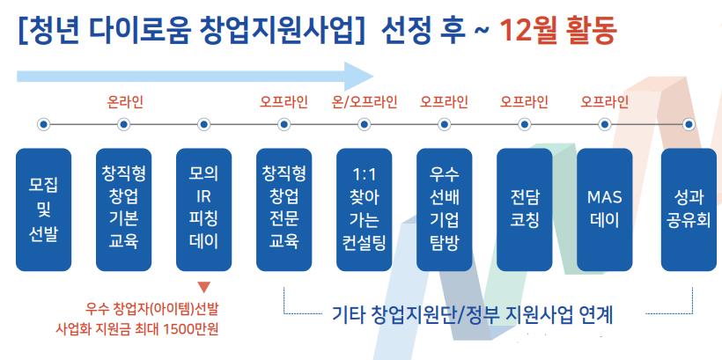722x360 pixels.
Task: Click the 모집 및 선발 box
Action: pos(44,209)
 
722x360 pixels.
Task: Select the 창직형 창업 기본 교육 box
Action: pos(123,209)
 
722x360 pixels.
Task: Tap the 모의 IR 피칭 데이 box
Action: pos(203,209)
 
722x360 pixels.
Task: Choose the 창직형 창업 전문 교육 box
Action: pos(284,209)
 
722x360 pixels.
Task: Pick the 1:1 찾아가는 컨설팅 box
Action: pos(364,209)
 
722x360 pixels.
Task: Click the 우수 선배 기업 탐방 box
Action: pos(444,209)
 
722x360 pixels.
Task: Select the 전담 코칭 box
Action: pos(525,209)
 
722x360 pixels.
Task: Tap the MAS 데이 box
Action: pos(605,209)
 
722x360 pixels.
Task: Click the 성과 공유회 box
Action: pos(689,209)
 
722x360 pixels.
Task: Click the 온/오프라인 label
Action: pos(365,102)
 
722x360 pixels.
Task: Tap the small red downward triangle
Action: pos(204,287)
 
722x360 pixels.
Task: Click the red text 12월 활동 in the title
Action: pos(557,30)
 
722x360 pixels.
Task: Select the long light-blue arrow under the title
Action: pos(195,77)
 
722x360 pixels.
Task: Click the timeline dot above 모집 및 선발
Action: pos(44,124)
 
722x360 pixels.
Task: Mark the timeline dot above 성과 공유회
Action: pos(689,124)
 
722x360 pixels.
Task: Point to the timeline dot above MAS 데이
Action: pos(605,124)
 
